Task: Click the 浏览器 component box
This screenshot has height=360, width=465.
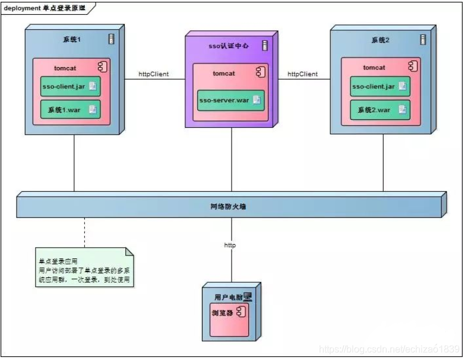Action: pyautogui.click(x=229, y=312)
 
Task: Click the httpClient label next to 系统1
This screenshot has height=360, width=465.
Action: pyautogui.click(x=153, y=74)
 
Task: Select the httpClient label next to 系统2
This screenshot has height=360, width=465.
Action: pyautogui.click(x=302, y=74)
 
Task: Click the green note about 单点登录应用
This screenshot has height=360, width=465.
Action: pyautogui.click(x=83, y=270)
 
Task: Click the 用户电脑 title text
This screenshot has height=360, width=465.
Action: pyautogui.click(x=227, y=296)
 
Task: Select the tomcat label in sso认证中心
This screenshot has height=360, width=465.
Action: pyautogui.click(x=224, y=73)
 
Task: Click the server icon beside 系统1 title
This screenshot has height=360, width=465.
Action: pyautogui.click(x=111, y=39)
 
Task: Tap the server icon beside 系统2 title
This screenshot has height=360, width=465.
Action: pyautogui.click(x=422, y=39)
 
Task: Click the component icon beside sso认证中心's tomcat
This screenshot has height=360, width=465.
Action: pyautogui.click(x=260, y=72)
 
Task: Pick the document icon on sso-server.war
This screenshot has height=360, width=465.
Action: pyautogui.click(x=257, y=100)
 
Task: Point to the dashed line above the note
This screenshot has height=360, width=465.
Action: pyautogui.click(x=84, y=232)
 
